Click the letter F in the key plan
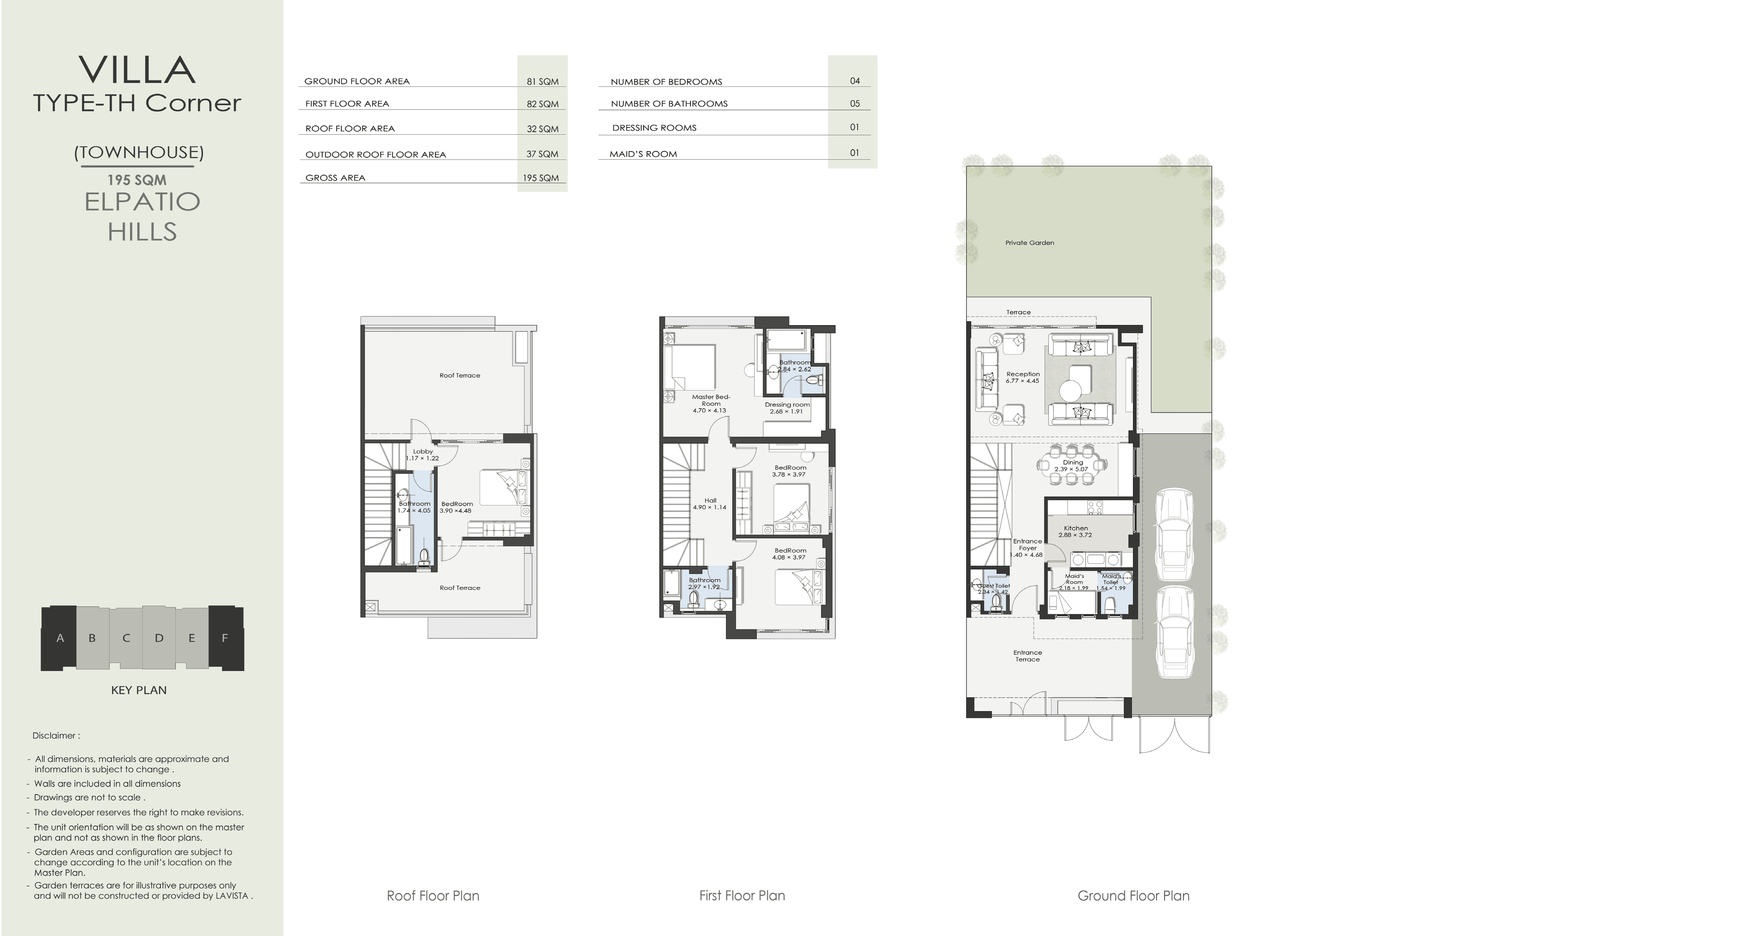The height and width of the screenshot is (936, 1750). (225, 638)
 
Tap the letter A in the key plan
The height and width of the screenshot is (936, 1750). (60, 638)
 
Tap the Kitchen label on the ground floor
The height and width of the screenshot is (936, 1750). (1075, 528)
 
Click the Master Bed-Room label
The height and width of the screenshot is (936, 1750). (710, 400)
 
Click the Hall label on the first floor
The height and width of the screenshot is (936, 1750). (710, 501)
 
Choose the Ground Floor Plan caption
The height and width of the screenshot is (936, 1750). (1133, 896)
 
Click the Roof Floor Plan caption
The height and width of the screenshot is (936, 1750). (433, 896)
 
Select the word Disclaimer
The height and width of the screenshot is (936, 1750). (54, 736)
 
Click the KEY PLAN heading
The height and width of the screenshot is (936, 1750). (139, 690)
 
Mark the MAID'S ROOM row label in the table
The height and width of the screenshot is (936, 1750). (643, 154)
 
